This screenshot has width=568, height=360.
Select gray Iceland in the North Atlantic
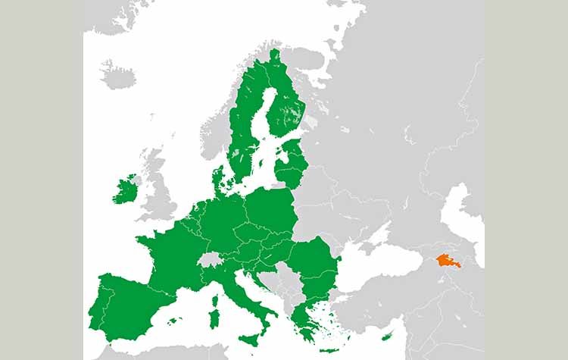click(x=117, y=75)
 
